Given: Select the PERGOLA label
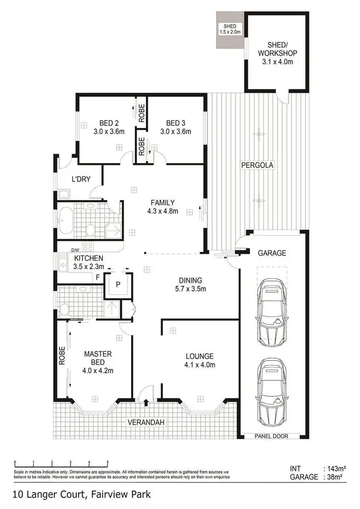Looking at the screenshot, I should point(257,166).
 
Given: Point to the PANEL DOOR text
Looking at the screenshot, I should point(272,436).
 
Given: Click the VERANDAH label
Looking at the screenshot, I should point(144,422).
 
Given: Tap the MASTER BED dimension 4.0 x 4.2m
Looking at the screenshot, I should point(98,370).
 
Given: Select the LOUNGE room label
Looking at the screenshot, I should point(200,356).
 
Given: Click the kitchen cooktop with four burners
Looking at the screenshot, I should point(88,247).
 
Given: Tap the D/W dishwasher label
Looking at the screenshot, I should point(76,250).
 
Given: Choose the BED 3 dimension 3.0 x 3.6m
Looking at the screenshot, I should point(176,131).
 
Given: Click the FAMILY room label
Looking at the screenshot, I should point(163,202).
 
